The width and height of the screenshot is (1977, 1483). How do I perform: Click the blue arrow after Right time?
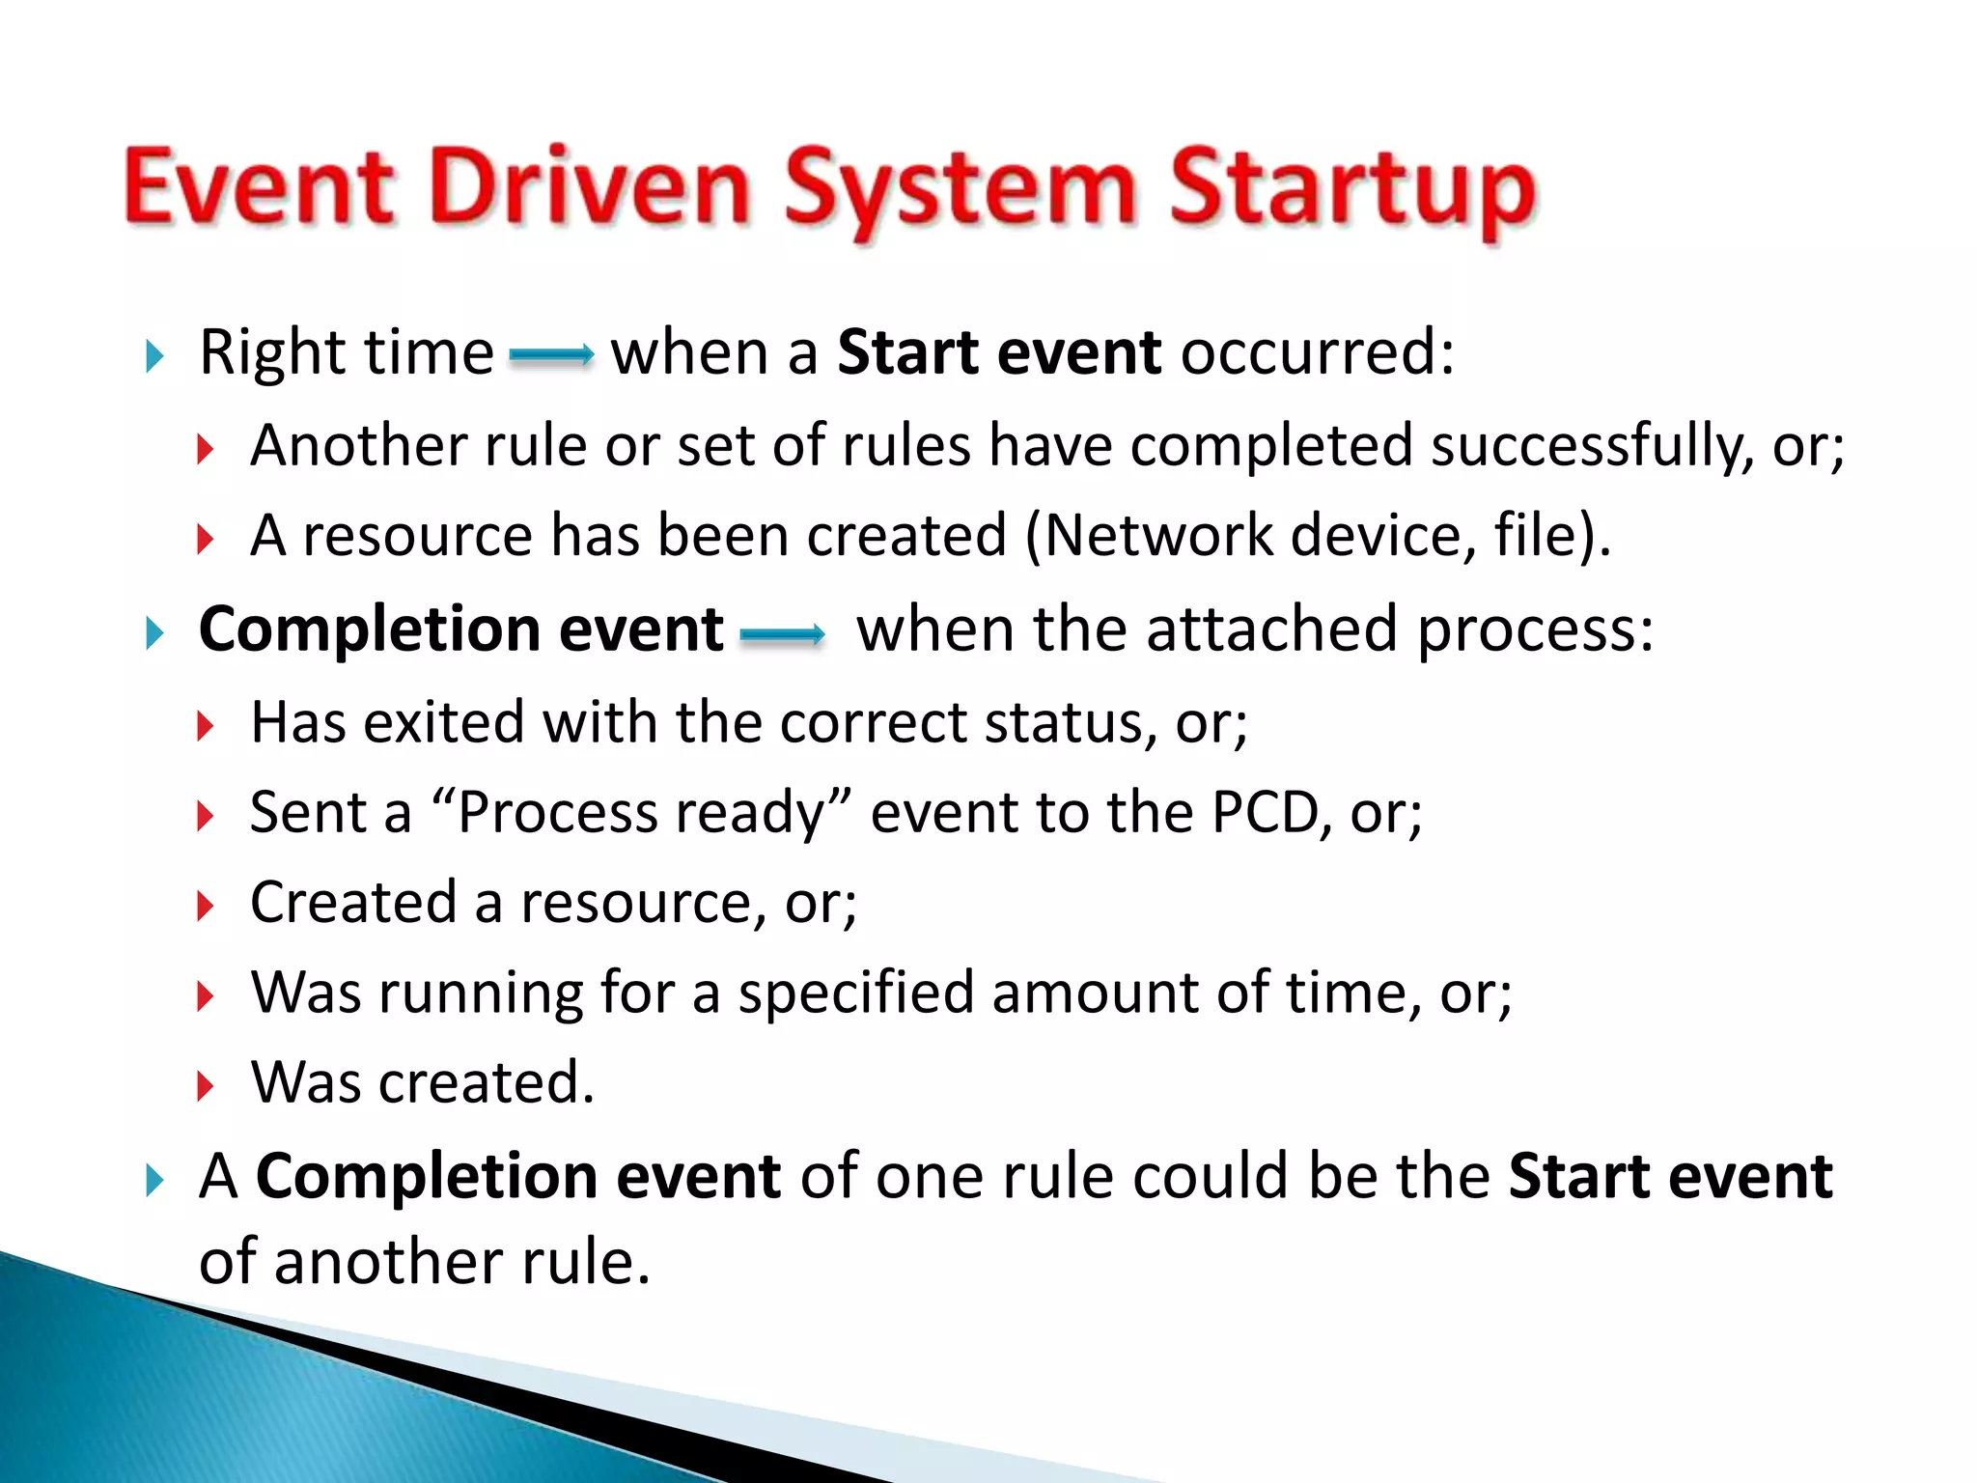[551, 356]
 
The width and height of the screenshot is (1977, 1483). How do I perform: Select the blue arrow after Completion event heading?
[782, 634]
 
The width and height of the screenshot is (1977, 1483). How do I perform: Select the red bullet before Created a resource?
[205, 907]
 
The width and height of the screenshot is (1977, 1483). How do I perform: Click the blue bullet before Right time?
[154, 356]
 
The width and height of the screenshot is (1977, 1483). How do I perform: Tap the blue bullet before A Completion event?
[154, 1181]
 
